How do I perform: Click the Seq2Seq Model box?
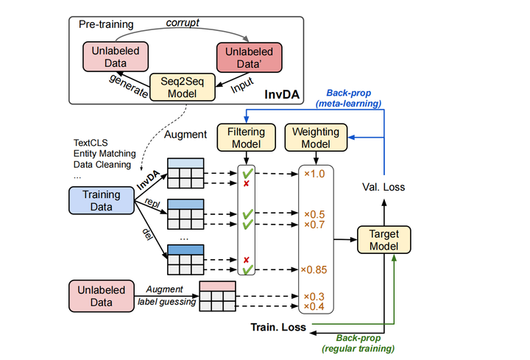click(182, 88)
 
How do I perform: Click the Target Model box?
click(384, 240)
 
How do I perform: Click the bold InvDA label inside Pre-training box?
click(280, 96)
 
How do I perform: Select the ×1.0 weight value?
click(315, 174)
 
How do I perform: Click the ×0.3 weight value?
click(315, 296)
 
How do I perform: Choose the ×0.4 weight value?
click(315, 306)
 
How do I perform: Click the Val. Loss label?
click(384, 187)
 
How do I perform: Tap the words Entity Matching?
click(103, 153)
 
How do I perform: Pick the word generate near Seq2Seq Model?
click(125, 88)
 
